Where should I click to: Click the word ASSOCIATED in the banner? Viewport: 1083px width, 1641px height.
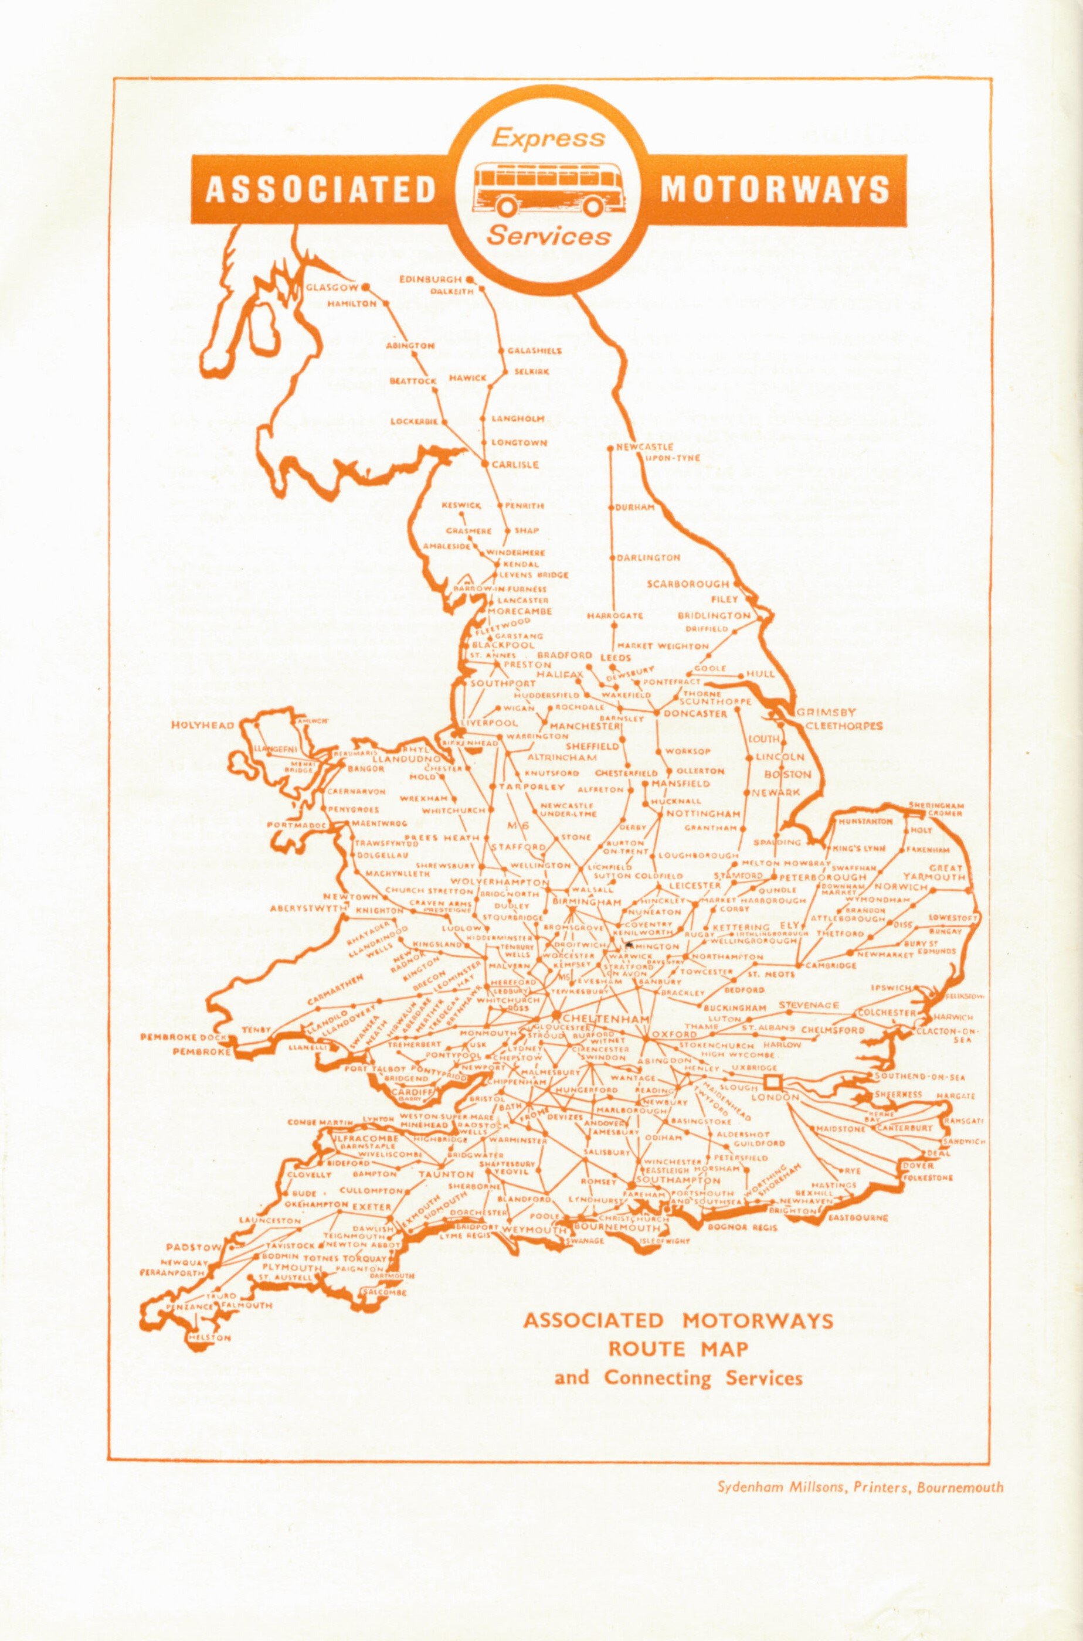[x=321, y=190]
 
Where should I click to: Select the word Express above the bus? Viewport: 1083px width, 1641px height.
[x=548, y=138]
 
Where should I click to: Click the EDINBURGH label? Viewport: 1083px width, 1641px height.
[x=430, y=280]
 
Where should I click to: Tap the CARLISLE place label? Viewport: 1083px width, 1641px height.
[x=515, y=465]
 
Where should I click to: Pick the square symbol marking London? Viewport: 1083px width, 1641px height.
[x=772, y=1082]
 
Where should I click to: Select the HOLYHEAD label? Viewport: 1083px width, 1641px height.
[x=202, y=725]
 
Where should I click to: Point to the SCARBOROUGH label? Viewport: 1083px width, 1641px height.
[x=687, y=584]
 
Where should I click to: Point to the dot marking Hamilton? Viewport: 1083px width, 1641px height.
[x=386, y=303]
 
